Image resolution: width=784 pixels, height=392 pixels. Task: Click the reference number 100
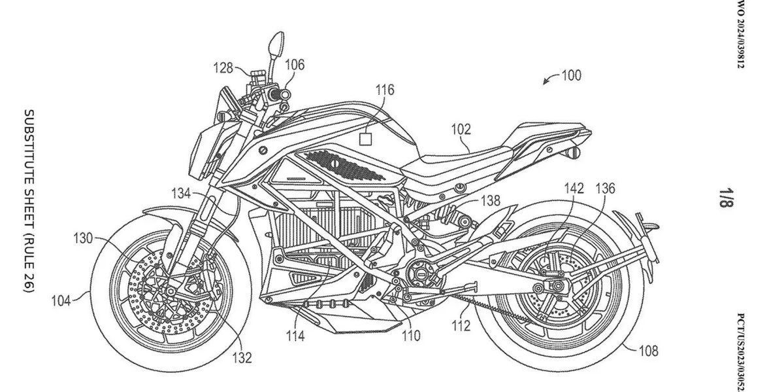tap(571, 76)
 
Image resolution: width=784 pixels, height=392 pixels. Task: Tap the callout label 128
tap(223, 67)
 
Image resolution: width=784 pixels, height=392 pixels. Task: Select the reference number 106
tap(295, 65)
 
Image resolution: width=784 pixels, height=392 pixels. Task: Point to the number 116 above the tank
tap(385, 90)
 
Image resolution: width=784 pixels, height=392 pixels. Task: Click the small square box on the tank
tap(365, 139)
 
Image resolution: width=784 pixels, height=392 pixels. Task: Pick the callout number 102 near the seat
tap(461, 130)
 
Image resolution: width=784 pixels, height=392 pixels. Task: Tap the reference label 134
tap(181, 194)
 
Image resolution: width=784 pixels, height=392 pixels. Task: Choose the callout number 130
tap(83, 238)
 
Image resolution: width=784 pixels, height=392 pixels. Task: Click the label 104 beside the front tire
tap(61, 301)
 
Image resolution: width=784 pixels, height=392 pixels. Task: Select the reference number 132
tap(242, 357)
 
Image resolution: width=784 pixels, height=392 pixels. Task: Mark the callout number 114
tap(295, 336)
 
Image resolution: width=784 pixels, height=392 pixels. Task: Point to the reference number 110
tap(411, 336)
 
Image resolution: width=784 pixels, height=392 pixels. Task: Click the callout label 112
tap(461, 326)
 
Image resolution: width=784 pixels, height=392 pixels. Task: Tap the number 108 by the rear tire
tap(649, 351)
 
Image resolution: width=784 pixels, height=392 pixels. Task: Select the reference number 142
tap(574, 188)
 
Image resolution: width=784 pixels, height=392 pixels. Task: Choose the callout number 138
tap(491, 200)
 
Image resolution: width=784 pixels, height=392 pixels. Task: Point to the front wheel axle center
tap(171, 291)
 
